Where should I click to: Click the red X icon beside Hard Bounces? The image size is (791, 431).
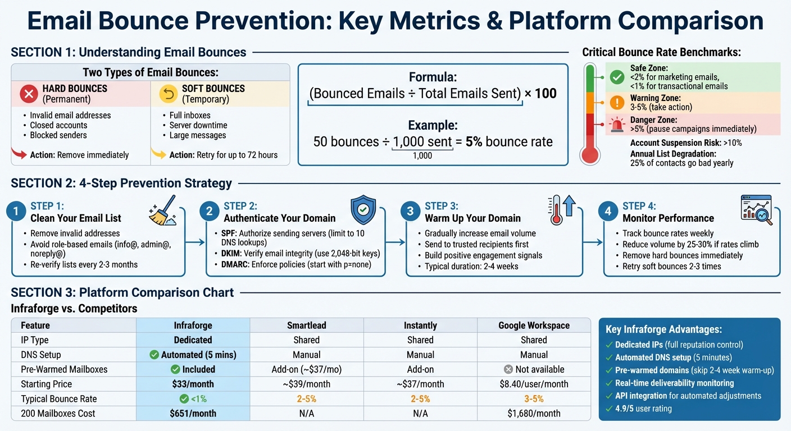click(x=29, y=94)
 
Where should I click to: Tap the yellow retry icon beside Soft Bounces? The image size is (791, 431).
click(x=168, y=94)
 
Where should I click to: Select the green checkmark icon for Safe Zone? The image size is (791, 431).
click(x=617, y=77)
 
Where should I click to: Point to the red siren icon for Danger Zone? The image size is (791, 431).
click(x=617, y=125)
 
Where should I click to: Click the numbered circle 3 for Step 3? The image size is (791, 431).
click(x=411, y=212)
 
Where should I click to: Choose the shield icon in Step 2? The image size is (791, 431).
click(x=363, y=210)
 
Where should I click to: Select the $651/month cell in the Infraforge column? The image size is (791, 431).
click(x=193, y=414)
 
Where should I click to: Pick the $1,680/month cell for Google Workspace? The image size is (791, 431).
click(x=533, y=414)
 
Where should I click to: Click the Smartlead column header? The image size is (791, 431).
click(x=306, y=325)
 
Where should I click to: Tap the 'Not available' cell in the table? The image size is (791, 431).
click(x=533, y=369)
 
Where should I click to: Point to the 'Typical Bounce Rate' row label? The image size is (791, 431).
click(x=59, y=399)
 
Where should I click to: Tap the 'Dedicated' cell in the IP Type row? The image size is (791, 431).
click(x=193, y=340)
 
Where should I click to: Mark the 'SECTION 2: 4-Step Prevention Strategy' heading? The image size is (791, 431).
click(x=121, y=183)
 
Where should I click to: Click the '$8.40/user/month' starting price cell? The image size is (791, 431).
click(x=533, y=384)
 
